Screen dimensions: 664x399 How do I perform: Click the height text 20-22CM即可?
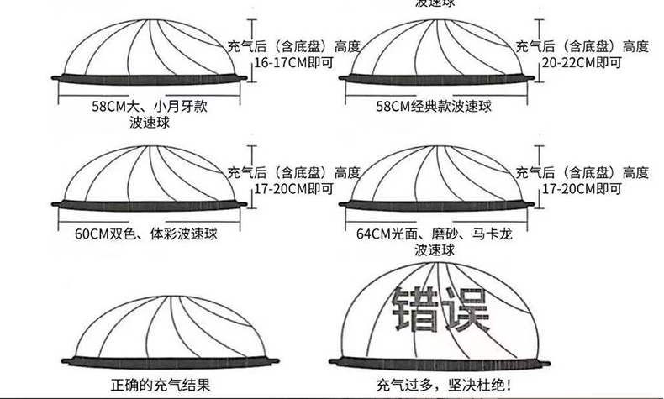pos(582,62)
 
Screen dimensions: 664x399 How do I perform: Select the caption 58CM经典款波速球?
pos(435,108)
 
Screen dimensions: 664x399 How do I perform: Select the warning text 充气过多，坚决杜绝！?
pos(443,386)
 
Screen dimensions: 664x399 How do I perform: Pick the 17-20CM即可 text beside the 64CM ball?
pos(582,189)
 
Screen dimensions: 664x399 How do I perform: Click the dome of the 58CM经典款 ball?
pos(437,46)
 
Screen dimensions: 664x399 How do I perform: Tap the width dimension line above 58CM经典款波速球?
pos(435,92)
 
